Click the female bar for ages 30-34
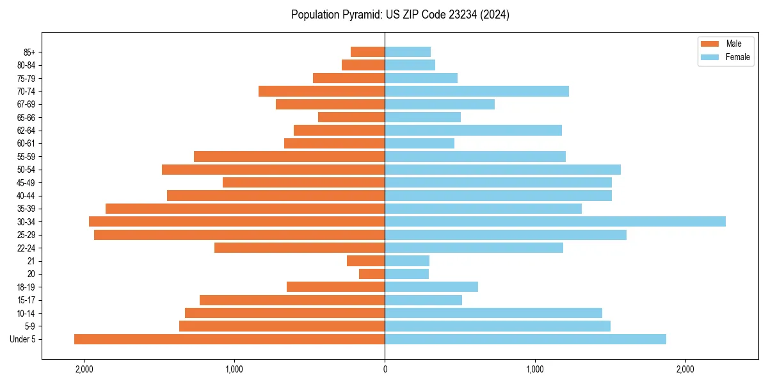pyautogui.click(x=555, y=221)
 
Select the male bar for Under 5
pyautogui.click(x=229, y=339)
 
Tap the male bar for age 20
pyautogui.click(x=372, y=274)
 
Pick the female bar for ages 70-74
pyautogui.click(x=477, y=91)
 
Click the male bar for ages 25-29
pyautogui.click(x=239, y=235)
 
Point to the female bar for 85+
pyautogui.click(x=408, y=52)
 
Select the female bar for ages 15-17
pyautogui.click(x=423, y=300)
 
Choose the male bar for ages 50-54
pyautogui.click(x=273, y=170)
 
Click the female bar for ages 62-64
pyautogui.click(x=473, y=131)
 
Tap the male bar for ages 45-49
pyautogui.click(x=303, y=182)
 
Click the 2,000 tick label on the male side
pyautogui.click(x=84, y=369)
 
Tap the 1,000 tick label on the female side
pyautogui.click(x=535, y=369)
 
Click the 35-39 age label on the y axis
pyautogui.click(x=26, y=209)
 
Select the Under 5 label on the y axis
pyautogui.click(x=23, y=339)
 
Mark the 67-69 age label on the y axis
pyautogui.click(x=26, y=104)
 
